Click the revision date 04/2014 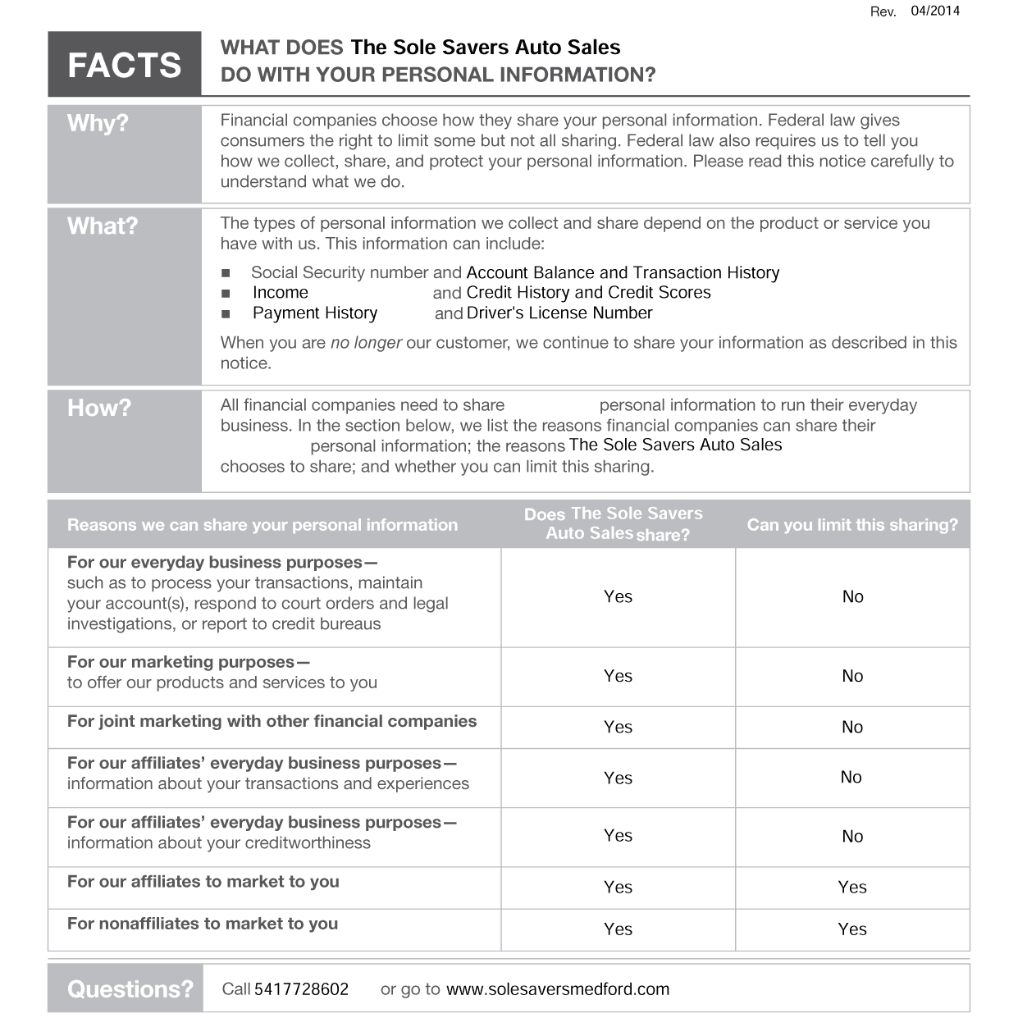pyautogui.click(x=934, y=11)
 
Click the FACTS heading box pyautogui.click(x=124, y=65)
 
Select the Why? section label pyautogui.click(x=98, y=123)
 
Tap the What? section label pyautogui.click(x=103, y=226)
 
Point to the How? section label pyautogui.click(x=99, y=408)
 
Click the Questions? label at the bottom pyautogui.click(x=130, y=988)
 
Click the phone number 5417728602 pyautogui.click(x=301, y=989)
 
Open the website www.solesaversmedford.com pyautogui.click(x=558, y=989)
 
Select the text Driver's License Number pyautogui.click(x=559, y=313)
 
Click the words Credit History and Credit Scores pyautogui.click(x=588, y=293)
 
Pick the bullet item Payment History pyautogui.click(x=315, y=313)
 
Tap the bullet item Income pyautogui.click(x=281, y=293)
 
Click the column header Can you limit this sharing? pyautogui.click(x=852, y=525)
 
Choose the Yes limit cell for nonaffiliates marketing pyautogui.click(x=852, y=929)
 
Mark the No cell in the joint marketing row pyautogui.click(x=852, y=727)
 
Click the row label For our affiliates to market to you pyautogui.click(x=203, y=882)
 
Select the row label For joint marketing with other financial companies pyautogui.click(x=272, y=721)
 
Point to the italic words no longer pyautogui.click(x=366, y=343)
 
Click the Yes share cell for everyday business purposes pyautogui.click(x=618, y=596)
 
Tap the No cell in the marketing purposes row pyautogui.click(x=852, y=676)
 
